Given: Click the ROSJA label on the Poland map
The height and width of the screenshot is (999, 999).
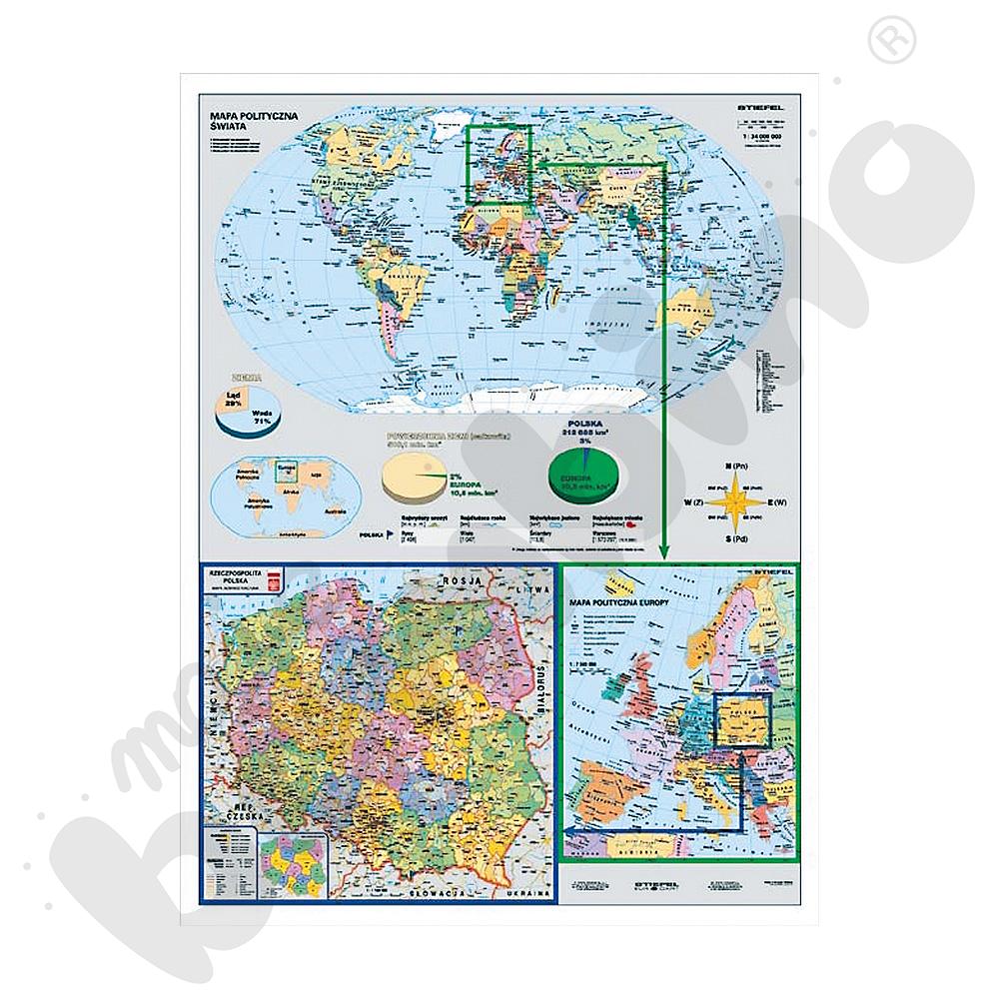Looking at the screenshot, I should [462, 582].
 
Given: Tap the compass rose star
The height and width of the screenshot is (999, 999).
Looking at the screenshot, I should [736, 497].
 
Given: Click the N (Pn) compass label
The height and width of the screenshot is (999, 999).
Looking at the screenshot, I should [737, 466].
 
